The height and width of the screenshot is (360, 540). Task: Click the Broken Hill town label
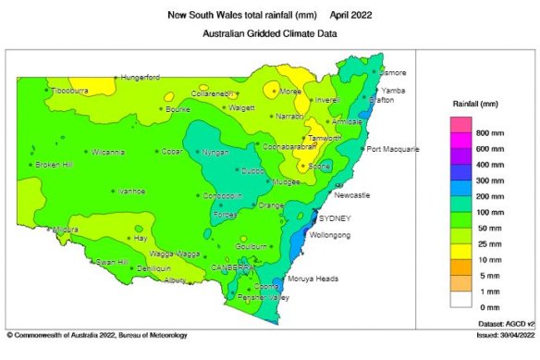tap(55, 166)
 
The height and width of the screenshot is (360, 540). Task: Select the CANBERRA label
tap(232, 267)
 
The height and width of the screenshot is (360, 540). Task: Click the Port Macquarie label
tap(393, 149)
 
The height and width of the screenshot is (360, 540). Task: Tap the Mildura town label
tap(65, 229)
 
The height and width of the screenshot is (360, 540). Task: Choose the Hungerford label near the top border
tap(140, 77)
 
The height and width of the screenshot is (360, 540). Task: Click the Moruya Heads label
tap(315, 279)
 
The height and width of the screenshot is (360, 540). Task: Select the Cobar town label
tap(172, 152)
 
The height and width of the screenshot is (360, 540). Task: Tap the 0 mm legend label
tap(486, 305)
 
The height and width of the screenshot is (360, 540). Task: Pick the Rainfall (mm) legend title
tap(477, 105)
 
